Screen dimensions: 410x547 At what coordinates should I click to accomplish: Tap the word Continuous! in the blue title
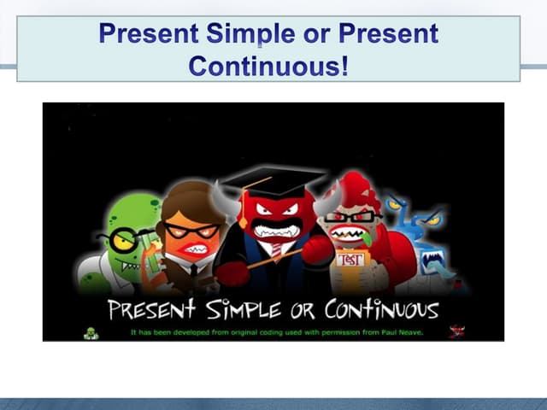point(268,66)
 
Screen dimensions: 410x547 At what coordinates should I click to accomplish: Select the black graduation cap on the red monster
point(272,179)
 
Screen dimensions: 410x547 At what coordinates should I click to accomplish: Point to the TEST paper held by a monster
point(350,259)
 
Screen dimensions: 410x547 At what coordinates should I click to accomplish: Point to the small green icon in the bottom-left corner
point(91,333)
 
